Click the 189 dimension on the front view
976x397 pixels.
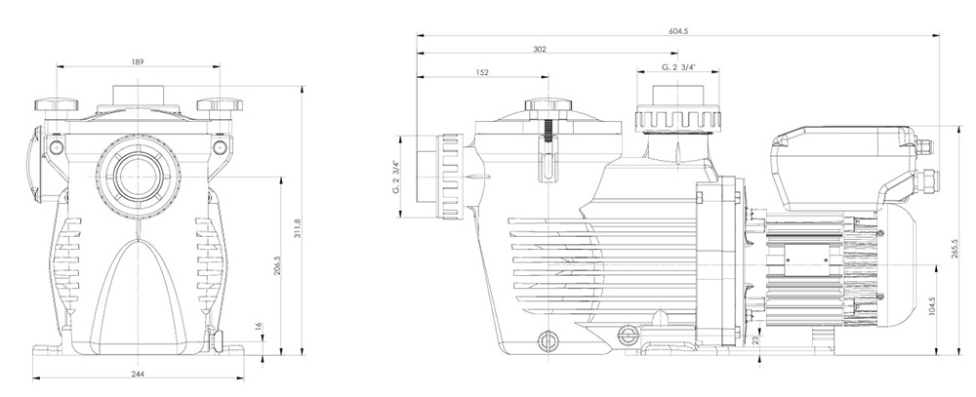coord(138,62)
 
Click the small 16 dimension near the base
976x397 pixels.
coord(258,328)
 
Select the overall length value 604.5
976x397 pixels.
coord(677,32)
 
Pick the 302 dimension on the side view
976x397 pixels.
coord(540,49)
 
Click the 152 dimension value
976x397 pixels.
coord(482,71)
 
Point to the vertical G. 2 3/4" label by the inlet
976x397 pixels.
coord(395,176)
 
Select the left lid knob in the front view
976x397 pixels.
coord(57,104)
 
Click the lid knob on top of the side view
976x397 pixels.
coord(548,105)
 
